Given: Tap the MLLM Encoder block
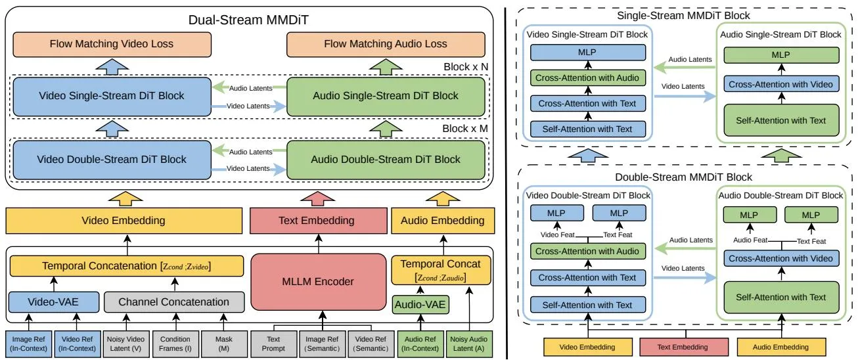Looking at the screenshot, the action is click(x=319, y=282).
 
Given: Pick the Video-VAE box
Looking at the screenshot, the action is click(x=54, y=302).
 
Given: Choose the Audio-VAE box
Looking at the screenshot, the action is click(x=420, y=305).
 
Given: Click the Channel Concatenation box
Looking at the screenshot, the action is click(x=174, y=302).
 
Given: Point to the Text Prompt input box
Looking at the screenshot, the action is click(x=273, y=344).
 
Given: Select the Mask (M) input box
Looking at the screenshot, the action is click(x=224, y=344).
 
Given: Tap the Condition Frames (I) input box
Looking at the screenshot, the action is click(x=175, y=344).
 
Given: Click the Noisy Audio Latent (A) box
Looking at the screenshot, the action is click(x=469, y=344).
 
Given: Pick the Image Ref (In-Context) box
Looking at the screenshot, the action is click(x=28, y=344).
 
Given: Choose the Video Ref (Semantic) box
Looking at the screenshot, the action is click(x=371, y=344).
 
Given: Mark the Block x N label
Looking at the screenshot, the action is click(x=466, y=67).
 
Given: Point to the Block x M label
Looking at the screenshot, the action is click(x=465, y=129).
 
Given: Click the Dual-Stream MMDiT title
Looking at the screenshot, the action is click(x=248, y=20).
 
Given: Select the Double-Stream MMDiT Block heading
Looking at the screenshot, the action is click(x=683, y=177).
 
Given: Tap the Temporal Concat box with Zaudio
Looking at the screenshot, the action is click(x=441, y=271).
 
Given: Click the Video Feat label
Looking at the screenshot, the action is click(x=557, y=235).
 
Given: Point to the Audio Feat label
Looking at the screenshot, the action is click(x=750, y=240).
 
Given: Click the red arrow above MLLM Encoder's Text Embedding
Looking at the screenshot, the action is click(x=317, y=198).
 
